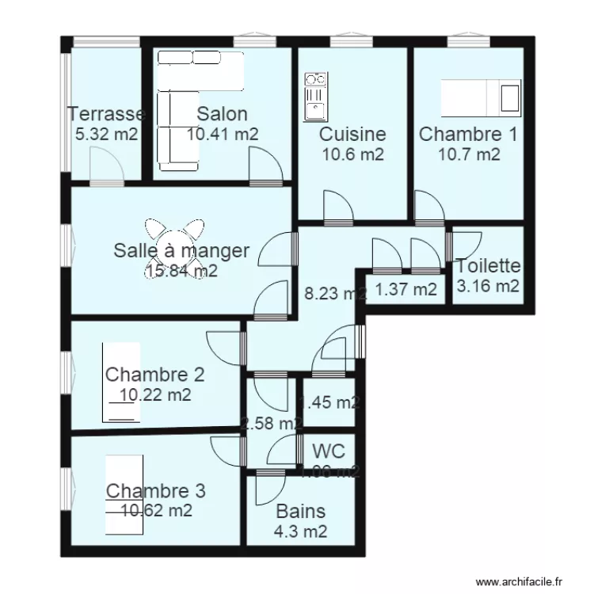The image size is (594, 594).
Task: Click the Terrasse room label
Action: tap(106, 114)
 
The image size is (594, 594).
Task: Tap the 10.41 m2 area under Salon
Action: tap(223, 135)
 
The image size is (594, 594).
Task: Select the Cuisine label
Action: tap(352, 135)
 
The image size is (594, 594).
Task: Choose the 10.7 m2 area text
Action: tap(469, 154)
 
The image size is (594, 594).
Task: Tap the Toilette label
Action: tap(488, 267)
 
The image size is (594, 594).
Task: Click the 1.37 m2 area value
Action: tap(406, 290)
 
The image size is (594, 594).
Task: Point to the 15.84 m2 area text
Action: tap(181, 272)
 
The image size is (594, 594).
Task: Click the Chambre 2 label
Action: tap(155, 374)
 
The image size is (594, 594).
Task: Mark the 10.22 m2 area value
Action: tap(155, 394)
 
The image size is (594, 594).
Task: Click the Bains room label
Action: tap(300, 512)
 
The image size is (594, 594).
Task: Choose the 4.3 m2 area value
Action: tap(300, 532)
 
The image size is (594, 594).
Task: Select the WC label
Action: tap(328, 451)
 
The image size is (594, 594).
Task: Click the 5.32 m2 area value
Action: tap(106, 135)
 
